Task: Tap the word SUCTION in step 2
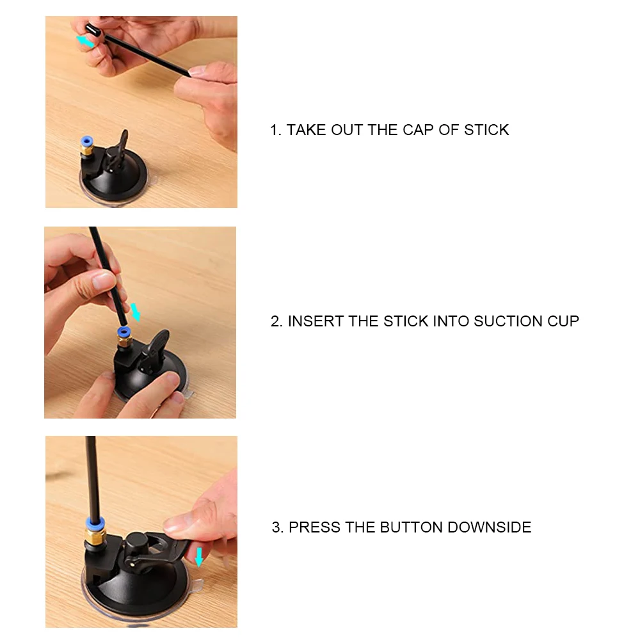[508, 321]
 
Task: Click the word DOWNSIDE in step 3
[490, 527]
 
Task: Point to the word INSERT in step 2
[316, 321]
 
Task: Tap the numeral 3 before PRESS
[276, 527]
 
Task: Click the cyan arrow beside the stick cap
[86, 41]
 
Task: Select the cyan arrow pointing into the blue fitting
[136, 312]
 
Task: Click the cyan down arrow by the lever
[199, 557]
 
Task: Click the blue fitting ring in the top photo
[86, 141]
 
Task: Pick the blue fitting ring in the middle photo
[123, 332]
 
